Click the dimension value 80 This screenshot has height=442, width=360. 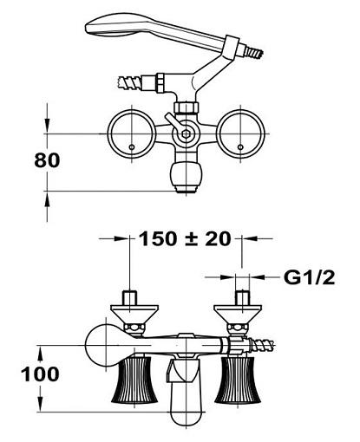tap(47, 160)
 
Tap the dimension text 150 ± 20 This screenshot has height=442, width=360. tap(186, 239)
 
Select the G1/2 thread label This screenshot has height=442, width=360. tap(309, 278)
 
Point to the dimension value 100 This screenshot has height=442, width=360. tap(40, 374)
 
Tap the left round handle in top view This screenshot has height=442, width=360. tap(132, 133)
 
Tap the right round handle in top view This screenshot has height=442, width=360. tap(240, 133)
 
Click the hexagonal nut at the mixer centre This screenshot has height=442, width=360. tap(185, 133)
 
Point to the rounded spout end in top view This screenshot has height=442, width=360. tap(186, 176)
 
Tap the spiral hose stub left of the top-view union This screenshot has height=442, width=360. tap(129, 81)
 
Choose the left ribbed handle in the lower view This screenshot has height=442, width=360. tap(134, 380)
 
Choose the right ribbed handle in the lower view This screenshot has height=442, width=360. tap(238, 380)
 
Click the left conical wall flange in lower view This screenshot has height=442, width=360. tap(134, 315)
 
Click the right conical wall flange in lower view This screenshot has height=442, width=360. tap(238, 315)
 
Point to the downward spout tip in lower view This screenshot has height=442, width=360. tap(185, 419)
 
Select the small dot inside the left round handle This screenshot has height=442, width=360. tap(132, 147)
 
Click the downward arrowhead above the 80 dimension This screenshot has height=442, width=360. tap(47, 124)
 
